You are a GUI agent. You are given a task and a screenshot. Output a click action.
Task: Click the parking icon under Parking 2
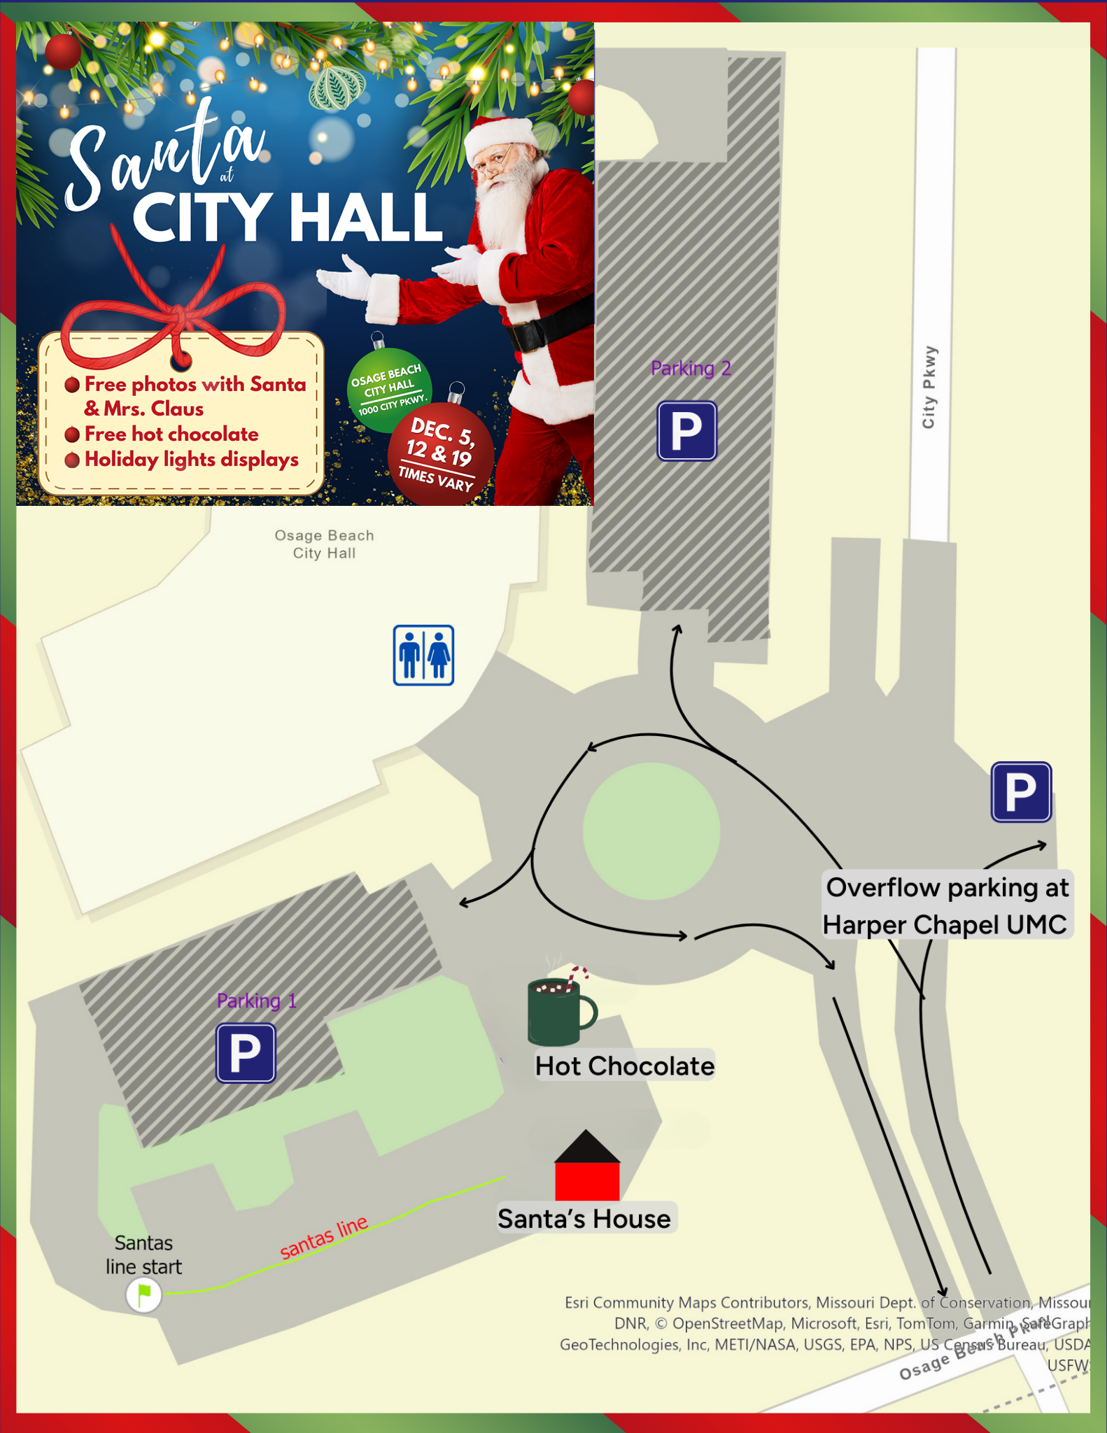pyautogui.click(x=686, y=430)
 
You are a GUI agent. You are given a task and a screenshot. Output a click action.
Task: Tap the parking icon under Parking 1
pyautogui.click(x=246, y=1052)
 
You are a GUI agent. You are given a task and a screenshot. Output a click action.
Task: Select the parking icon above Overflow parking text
pyautogui.click(x=1021, y=791)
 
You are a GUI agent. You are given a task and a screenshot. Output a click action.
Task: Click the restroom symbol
pyautogui.click(x=423, y=655)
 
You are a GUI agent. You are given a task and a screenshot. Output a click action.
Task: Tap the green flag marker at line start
pyautogui.click(x=144, y=1294)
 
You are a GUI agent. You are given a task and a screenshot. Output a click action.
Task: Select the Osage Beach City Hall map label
pyautogui.click(x=324, y=544)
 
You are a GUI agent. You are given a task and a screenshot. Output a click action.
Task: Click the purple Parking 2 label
pyautogui.click(x=691, y=368)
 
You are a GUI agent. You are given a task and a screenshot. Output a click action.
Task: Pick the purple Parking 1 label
pyautogui.click(x=257, y=1001)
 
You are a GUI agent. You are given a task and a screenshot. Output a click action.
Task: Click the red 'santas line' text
pyautogui.click(x=324, y=1237)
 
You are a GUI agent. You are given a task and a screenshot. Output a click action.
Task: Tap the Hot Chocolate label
pyautogui.click(x=624, y=1066)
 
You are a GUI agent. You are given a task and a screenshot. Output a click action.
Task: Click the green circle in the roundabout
pyautogui.click(x=651, y=831)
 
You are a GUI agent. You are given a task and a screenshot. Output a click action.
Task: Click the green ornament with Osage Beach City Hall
pyautogui.click(x=389, y=389)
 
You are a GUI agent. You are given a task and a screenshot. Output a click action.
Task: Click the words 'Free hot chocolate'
pyautogui.click(x=171, y=434)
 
